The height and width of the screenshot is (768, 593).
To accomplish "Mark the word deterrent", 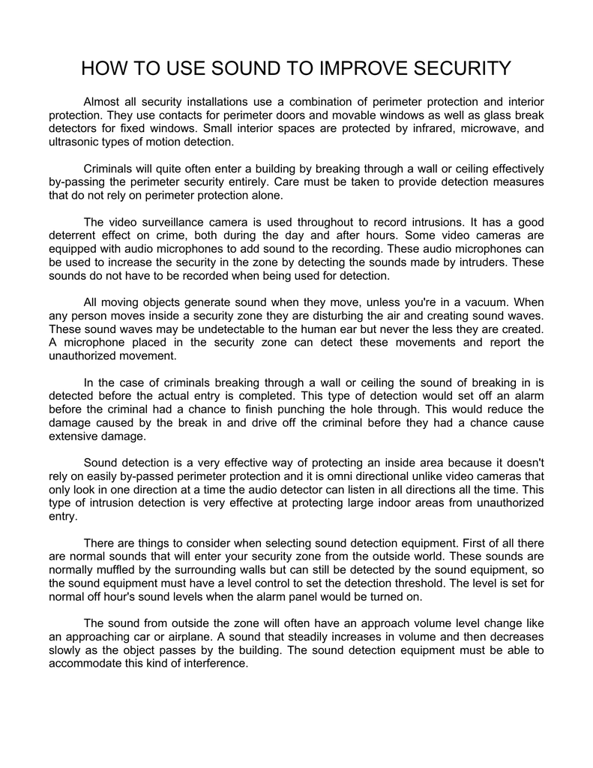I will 76,235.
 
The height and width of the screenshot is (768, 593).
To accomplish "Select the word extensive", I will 73,436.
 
